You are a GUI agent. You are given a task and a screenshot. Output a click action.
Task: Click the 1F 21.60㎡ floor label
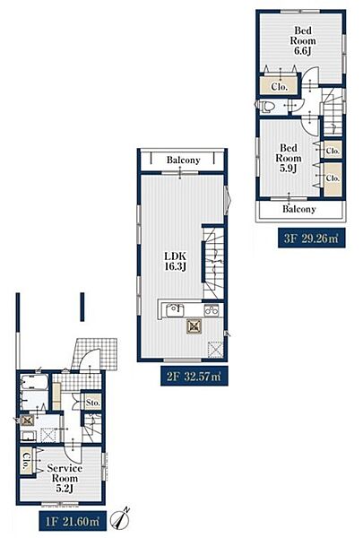pyautogui.click(x=73, y=521)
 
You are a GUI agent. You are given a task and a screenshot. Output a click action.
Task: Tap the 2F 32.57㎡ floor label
pyautogui.click(x=194, y=376)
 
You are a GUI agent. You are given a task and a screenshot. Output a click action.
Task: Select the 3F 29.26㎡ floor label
pyautogui.click(x=311, y=239)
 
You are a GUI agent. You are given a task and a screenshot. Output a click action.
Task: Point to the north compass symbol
pyautogui.click(x=121, y=519)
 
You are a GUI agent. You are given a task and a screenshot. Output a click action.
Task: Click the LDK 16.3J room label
pyautogui.click(x=176, y=261)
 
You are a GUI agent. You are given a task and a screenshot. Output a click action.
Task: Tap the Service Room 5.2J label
pyautogui.click(x=65, y=478)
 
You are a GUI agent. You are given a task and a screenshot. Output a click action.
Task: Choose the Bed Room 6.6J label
pyautogui.click(x=303, y=41)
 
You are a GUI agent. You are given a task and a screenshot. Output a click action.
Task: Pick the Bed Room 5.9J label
pyautogui.click(x=289, y=158)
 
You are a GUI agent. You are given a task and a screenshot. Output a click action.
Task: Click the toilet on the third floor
pyautogui.click(x=266, y=106)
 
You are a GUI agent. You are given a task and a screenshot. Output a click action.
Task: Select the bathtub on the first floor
pyautogui.click(x=34, y=382)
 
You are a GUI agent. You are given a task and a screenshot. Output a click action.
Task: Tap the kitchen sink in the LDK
pyautogui.click(x=175, y=311)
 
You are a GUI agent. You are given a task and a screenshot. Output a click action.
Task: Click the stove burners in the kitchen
pyautogui.click(x=212, y=311)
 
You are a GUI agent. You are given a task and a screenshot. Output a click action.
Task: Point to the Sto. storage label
pyautogui.click(x=92, y=403)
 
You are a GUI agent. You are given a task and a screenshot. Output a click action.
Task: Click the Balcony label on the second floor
pyautogui.click(x=183, y=160)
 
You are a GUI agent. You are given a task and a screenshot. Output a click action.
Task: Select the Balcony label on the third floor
pyautogui.click(x=299, y=209)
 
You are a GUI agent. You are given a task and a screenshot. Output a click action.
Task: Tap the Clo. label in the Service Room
pyautogui.click(x=26, y=461)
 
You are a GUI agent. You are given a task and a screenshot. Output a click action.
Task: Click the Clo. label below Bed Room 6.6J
pyautogui.click(x=280, y=87)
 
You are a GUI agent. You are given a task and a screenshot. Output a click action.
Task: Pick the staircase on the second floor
pyautogui.click(x=213, y=263)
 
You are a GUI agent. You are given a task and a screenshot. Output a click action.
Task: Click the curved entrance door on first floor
pyautogui.click(x=91, y=359)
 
